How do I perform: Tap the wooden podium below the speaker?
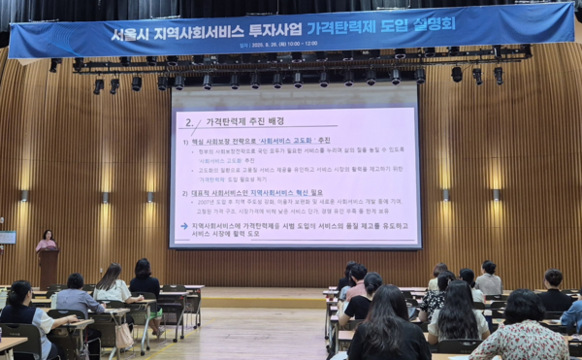(x=48, y=268)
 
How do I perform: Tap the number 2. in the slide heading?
(x=188, y=122)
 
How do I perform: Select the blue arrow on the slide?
(x=184, y=226)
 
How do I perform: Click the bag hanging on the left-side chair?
(x=123, y=336)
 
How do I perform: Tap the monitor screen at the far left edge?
(x=7, y=237)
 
